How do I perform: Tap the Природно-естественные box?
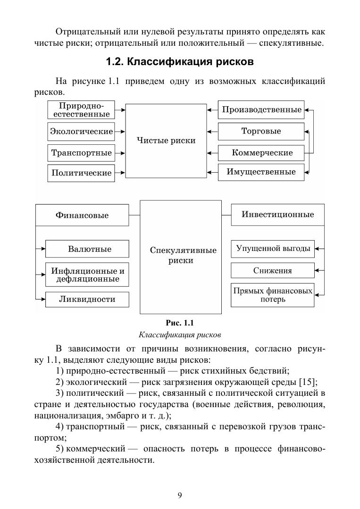coord(81,110)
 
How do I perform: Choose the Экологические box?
coord(81,131)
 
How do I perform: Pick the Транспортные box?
coord(81,153)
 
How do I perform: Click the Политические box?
coord(81,173)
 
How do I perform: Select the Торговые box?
coord(261,131)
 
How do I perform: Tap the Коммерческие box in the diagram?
coord(261,153)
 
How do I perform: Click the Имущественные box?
coord(261,172)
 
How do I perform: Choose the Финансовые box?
coord(82,215)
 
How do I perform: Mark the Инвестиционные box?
coord(277,215)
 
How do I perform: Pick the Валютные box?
coord(87,249)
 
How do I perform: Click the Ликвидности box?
coord(87,299)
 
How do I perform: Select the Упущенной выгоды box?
coord(272,249)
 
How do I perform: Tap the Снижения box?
coord(272,270)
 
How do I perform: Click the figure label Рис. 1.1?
coord(180,323)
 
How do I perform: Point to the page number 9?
coord(180,495)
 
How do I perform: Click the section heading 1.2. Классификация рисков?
coord(180,62)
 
